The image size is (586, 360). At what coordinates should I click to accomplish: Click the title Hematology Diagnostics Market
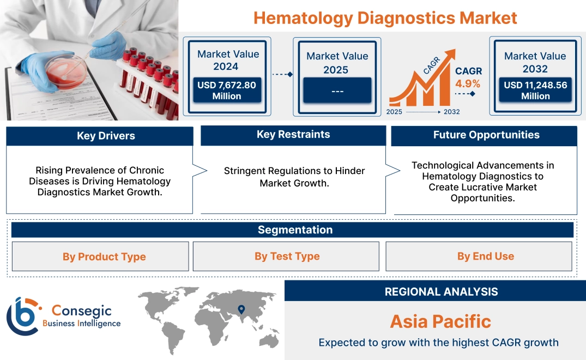385,17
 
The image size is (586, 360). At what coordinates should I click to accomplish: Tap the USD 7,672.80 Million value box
227,90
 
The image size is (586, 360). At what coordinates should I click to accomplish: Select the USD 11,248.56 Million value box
535,90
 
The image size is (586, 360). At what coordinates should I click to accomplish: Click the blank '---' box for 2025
337,91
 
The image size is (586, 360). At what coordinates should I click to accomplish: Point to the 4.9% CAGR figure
468,83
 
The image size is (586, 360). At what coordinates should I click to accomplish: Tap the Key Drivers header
106,136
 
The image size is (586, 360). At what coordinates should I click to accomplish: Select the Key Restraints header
293,135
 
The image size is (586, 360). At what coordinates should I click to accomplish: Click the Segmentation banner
295,230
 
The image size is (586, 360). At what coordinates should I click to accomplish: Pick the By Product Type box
104,256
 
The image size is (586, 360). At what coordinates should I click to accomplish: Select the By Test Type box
287,256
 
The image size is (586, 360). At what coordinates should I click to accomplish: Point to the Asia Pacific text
440,321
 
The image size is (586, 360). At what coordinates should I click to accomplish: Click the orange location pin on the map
240,310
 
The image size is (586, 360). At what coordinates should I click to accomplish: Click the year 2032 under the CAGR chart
451,112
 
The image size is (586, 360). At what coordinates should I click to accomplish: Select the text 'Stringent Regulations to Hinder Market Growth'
294,177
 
